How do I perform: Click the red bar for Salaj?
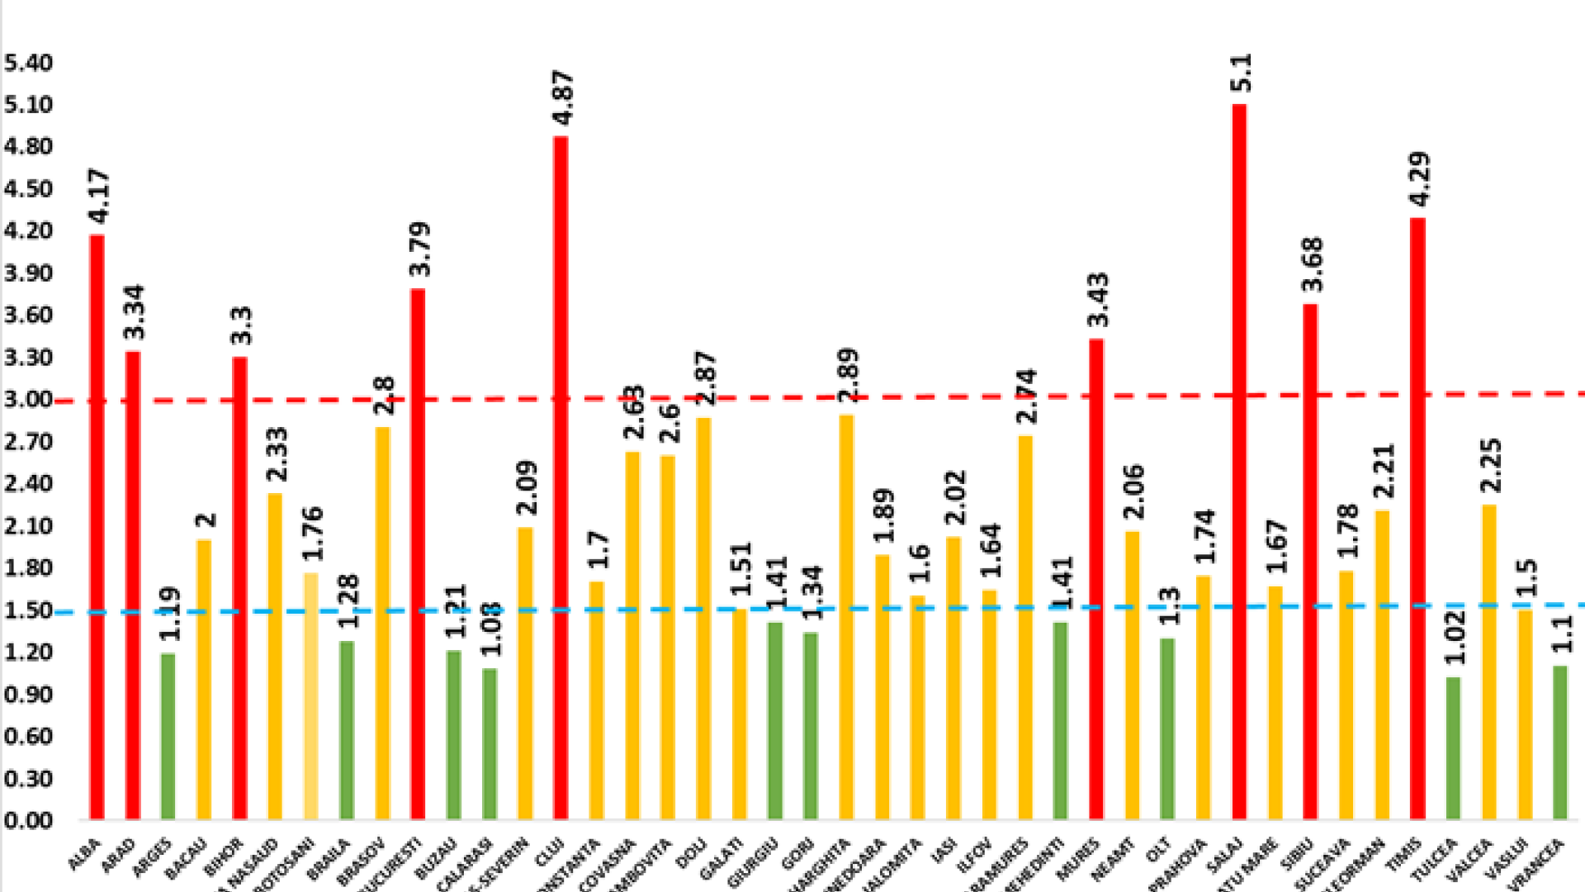tap(1239, 463)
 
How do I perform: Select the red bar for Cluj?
tap(561, 479)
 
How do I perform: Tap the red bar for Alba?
tap(97, 529)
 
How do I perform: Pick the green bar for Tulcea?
tap(1453, 748)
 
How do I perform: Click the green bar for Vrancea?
tap(1559, 743)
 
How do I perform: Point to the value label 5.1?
tap(1241, 73)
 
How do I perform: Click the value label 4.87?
tap(563, 97)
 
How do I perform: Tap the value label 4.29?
tap(1420, 179)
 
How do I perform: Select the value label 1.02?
tap(1455, 637)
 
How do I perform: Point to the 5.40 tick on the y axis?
tap(28, 63)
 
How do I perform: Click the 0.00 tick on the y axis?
tap(28, 820)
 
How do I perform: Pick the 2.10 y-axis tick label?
tap(28, 525)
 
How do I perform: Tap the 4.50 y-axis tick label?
tap(28, 188)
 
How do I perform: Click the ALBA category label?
tap(84, 855)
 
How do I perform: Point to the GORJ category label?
tap(797, 854)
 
